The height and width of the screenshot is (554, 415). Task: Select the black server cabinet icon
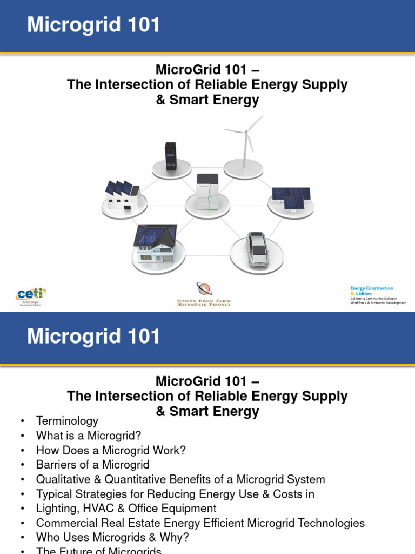(x=171, y=156)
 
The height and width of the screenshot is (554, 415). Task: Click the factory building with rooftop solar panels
(x=122, y=195)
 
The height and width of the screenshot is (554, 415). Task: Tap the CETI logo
(x=30, y=296)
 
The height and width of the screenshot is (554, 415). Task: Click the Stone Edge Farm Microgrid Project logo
(x=204, y=294)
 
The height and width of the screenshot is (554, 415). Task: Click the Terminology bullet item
(x=67, y=421)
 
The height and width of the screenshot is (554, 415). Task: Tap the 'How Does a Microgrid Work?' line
(x=111, y=450)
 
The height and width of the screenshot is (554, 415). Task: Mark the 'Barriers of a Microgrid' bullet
(x=92, y=465)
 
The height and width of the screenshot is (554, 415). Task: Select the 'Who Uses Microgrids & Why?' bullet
(x=112, y=538)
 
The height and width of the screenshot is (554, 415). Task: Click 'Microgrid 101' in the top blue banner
(x=94, y=25)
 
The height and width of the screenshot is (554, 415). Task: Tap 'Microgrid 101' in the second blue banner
(x=94, y=337)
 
